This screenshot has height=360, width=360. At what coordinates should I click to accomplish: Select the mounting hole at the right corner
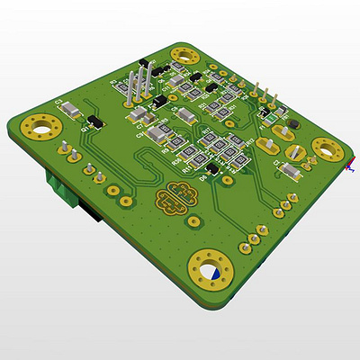pyautogui.click(x=326, y=148)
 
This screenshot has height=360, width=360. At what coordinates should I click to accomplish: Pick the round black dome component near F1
pyautogui.click(x=292, y=125)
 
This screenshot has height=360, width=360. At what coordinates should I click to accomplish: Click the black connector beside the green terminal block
pyautogui.click(x=88, y=214)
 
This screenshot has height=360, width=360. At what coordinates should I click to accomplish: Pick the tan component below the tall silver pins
pyautogui.click(x=138, y=115)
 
